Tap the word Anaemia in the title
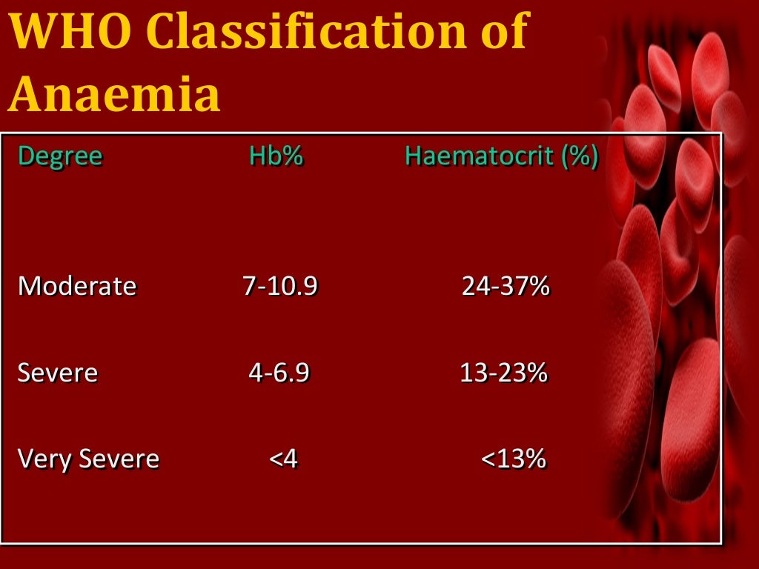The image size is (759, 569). pyautogui.click(x=115, y=94)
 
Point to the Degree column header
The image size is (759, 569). pyautogui.click(x=59, y=157)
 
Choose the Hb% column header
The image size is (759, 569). pyautogui.click(x=276, y=156)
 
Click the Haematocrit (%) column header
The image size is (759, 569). pyautogui.click(x=501, y=156)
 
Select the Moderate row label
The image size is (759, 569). pyautogui.click(x=77, y=286)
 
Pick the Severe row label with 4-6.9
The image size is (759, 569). pyautogui.click(x=57, y=373)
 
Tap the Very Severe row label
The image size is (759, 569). pyautogui.click(x=88, y=459)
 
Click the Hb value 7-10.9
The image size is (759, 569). pyautogui.click(x=280, y=286)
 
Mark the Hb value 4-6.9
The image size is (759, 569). pyautogui.click(x=278, y=373)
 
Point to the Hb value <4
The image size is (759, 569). pyautogui.click(x=283, y=459)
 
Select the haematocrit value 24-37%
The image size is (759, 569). pyautogui.click(x=506, y=286)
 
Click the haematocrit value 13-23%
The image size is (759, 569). pyautogui.click(x=504, y=373)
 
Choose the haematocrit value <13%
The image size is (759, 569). pyautogui.click(x=514, y=459)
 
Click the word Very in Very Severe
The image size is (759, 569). pyautogui.click(x=42, y=459)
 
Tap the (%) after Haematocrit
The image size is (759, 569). pyautogui.click(x=580, y=156)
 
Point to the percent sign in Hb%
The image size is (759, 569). pyautogui.click(x=294, y=156)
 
